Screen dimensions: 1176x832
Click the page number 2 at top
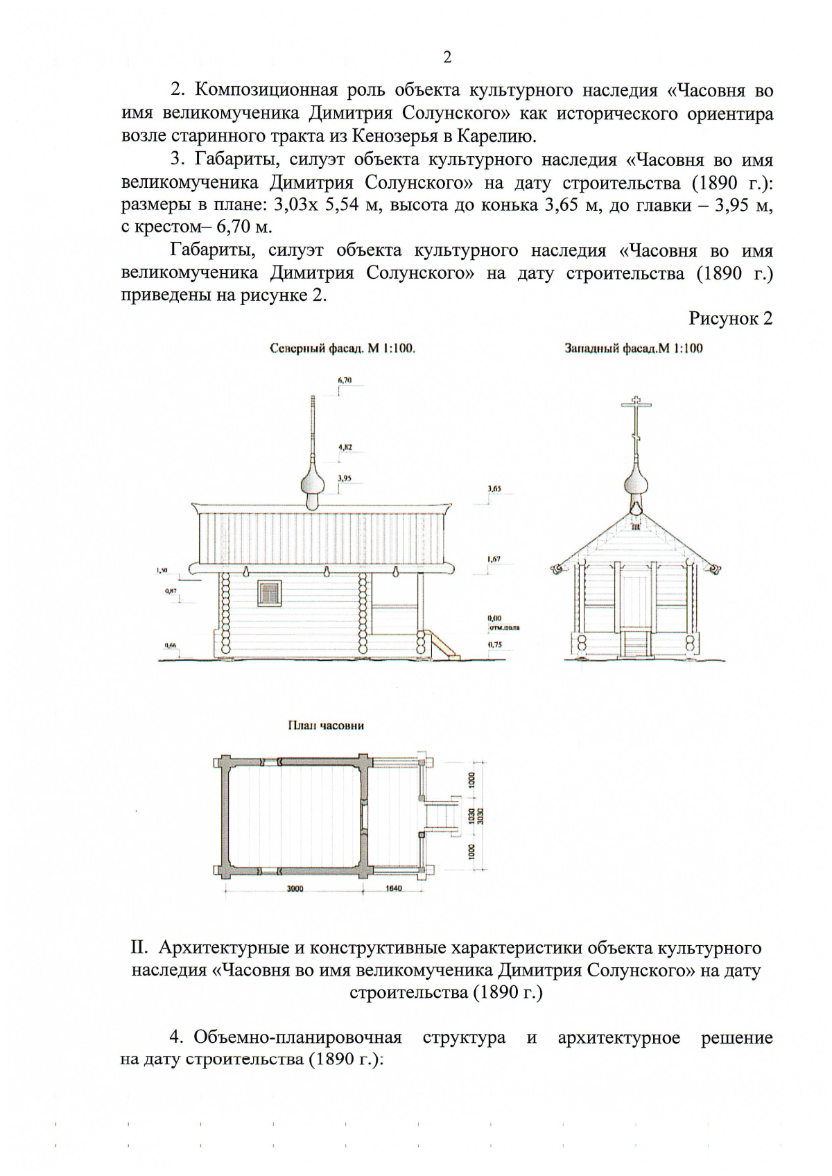tap(447, 58)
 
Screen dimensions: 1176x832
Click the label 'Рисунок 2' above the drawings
tap(730, 318)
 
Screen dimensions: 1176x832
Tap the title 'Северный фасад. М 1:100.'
tap(342, 349)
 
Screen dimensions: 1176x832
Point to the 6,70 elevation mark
tap(345, 381)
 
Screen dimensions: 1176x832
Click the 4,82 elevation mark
tap(345, 447)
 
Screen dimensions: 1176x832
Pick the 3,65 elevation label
tap(494, 489)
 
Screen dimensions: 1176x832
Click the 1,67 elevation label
tap(494, 558)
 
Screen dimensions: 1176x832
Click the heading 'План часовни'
tap(326, 725)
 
